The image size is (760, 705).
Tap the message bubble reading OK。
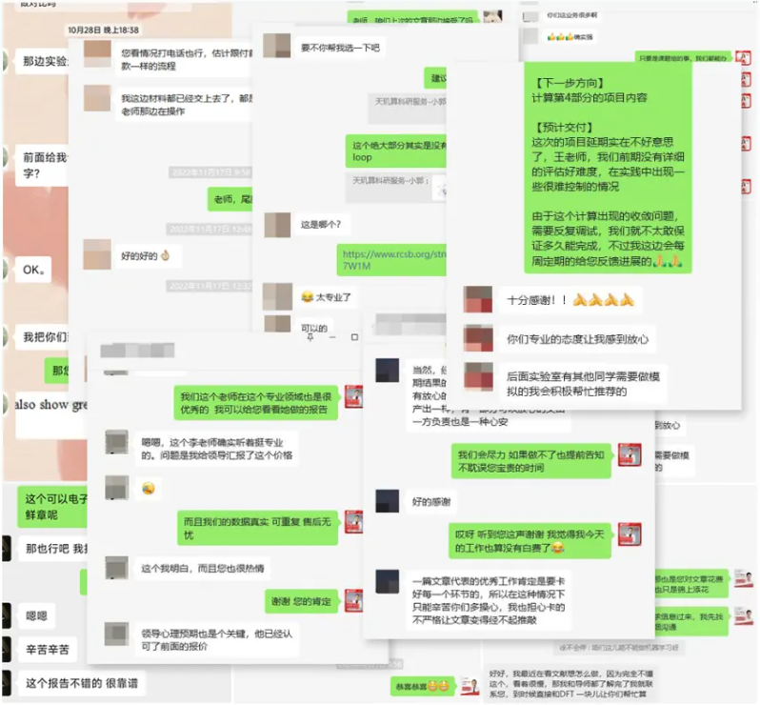35,270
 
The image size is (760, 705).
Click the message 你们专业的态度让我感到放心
576,338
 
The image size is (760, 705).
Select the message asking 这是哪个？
321,225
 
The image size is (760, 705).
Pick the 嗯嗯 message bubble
36,615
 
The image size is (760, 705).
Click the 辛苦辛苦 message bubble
48,649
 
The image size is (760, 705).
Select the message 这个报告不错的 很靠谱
80,682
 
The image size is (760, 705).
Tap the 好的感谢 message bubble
431,501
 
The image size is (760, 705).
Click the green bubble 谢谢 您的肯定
301,601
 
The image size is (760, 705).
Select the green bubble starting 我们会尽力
531,461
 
